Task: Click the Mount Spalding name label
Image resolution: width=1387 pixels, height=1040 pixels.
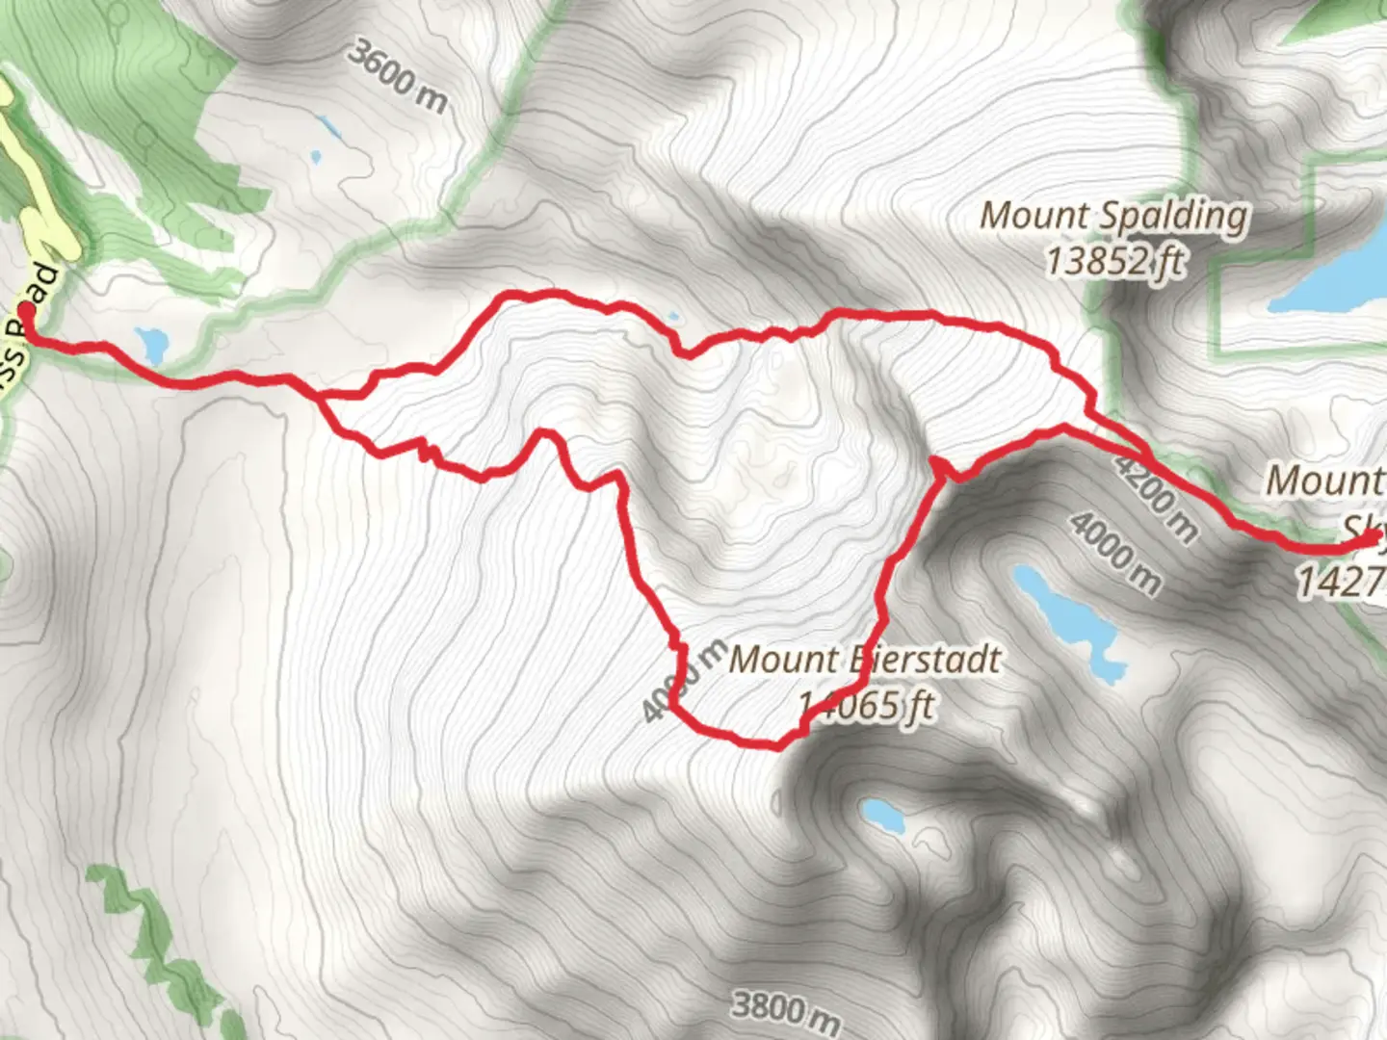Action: (x=1114, y=216)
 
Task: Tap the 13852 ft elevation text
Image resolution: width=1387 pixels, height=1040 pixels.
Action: (x=1115, y=260)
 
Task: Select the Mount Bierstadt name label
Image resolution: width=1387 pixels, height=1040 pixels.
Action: (x=865, y=661)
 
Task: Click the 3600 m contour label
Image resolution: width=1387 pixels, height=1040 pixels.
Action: (x=398, y=76)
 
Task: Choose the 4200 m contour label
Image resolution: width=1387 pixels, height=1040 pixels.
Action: (x=1157, y=495)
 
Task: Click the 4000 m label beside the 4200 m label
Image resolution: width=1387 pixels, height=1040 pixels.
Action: (x=1115, y=553)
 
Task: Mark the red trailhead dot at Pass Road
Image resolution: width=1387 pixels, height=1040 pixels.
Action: (x=26, y=312)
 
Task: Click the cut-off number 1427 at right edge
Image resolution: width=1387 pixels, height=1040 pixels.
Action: (x=1341, y=581)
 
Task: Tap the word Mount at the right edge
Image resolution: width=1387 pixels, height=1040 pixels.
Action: (x=1325, y=480)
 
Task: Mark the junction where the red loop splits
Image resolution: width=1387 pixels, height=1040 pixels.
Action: (x=322, y=395)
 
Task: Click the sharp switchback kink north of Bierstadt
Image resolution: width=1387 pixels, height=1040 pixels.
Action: (x=940, y=466)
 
